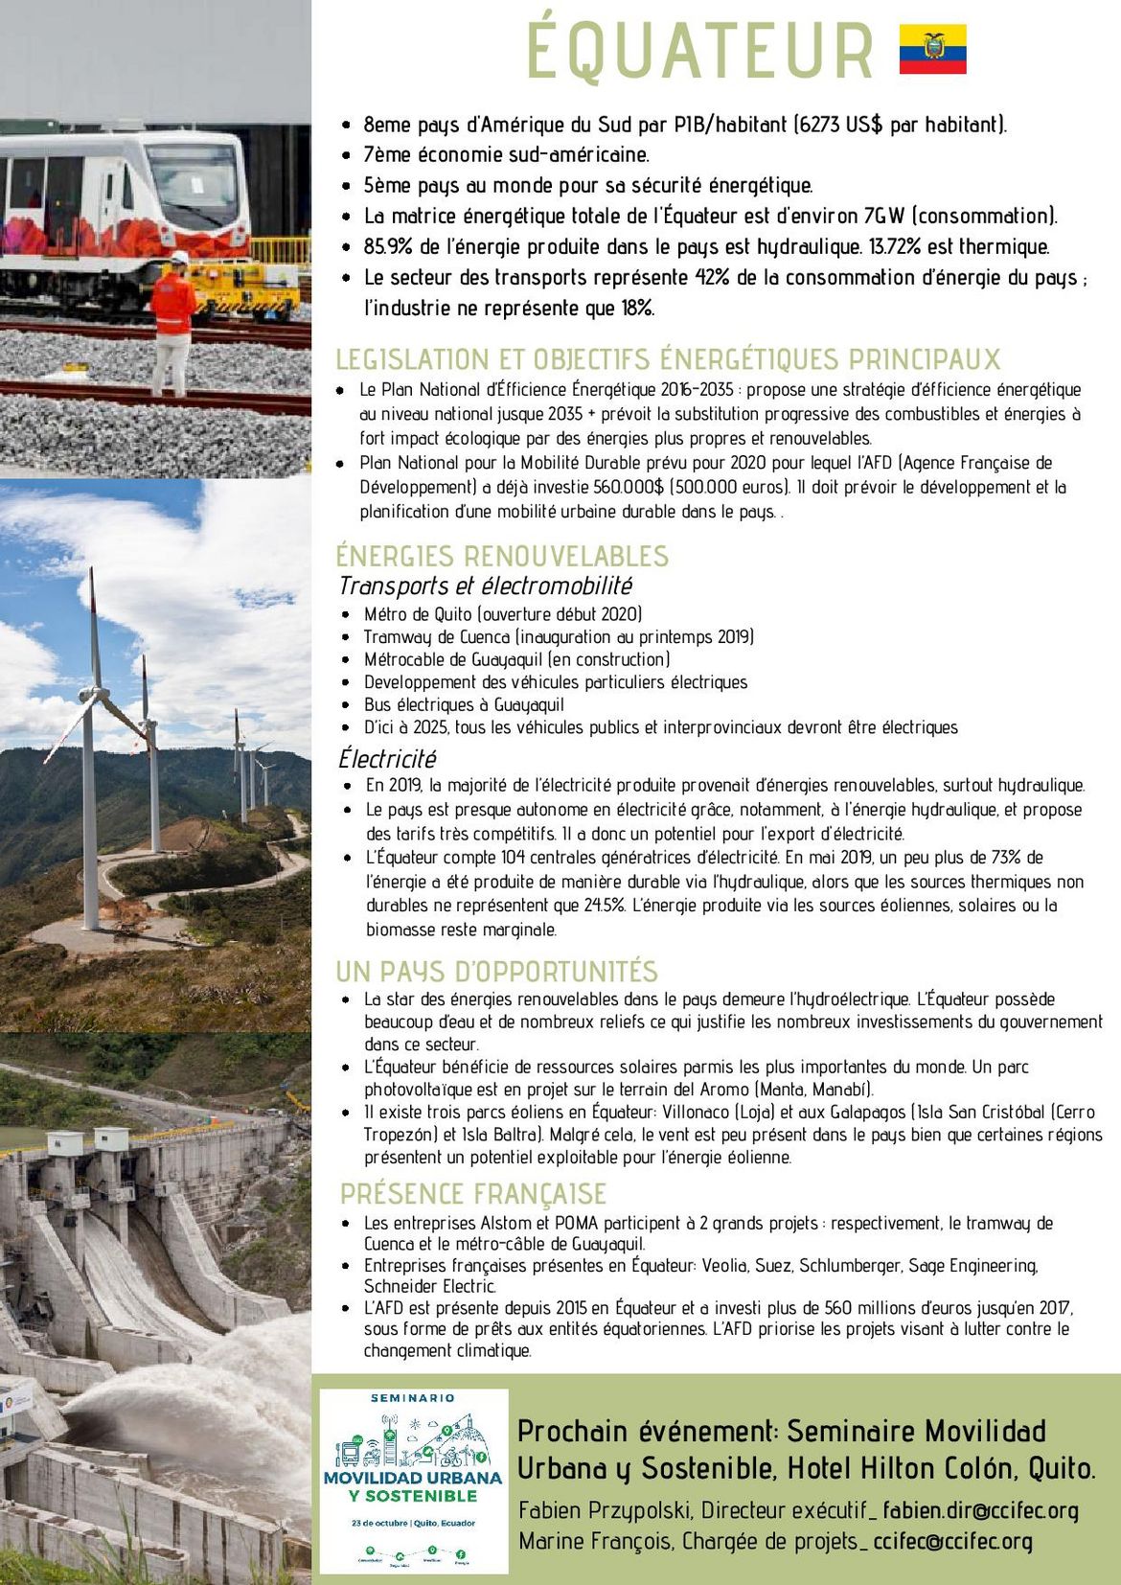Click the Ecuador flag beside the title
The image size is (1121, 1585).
(x=932, y=50)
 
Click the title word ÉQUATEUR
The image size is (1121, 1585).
(x=700, y=50)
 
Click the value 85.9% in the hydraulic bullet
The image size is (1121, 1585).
(x=388, y=247)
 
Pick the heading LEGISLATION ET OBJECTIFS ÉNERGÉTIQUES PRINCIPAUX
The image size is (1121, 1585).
(x=667, y=359)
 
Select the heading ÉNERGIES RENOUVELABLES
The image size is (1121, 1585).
(x=502, y=556)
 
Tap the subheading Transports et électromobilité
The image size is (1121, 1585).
(x=486, y=586)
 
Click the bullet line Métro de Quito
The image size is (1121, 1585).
(x=502, y=614)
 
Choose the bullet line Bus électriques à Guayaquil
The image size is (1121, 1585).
(x=464, y=705)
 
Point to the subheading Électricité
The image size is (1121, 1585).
(x=387, y=759)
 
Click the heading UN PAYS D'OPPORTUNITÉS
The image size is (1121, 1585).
(x=496, y=971)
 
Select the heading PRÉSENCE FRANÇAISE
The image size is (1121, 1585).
(x=473, y=1194)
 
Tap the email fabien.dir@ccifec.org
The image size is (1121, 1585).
(x=980, y=1511)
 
